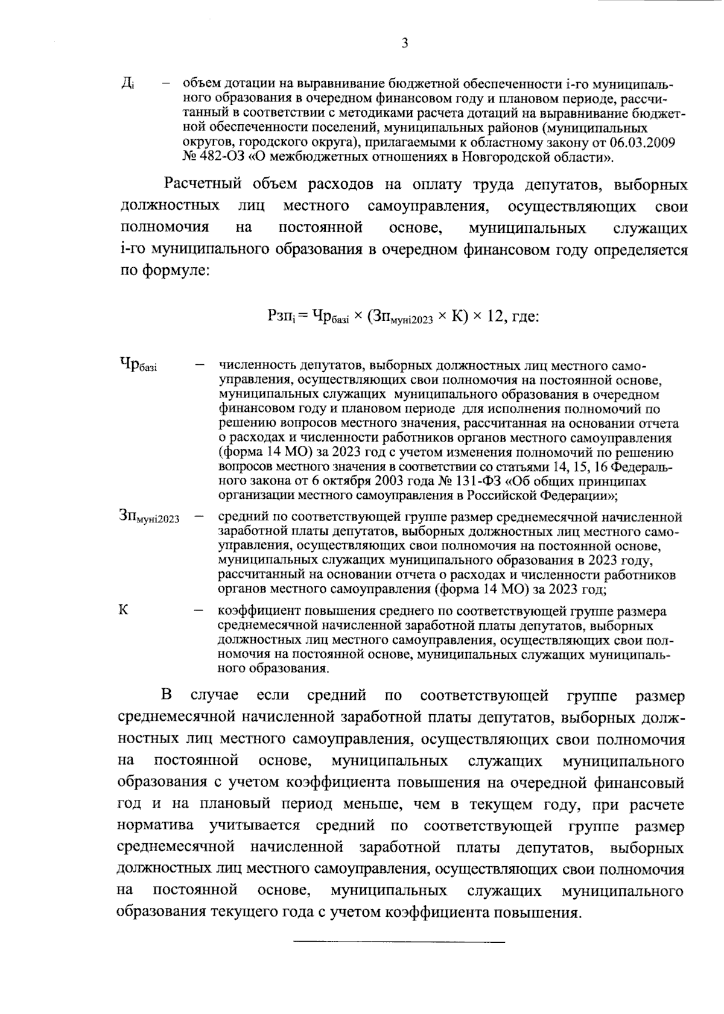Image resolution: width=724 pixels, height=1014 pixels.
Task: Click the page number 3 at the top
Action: coord(405,43)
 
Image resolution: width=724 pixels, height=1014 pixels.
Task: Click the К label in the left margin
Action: coord(124,609)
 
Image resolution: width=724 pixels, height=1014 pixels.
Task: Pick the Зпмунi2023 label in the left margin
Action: coord(149,517)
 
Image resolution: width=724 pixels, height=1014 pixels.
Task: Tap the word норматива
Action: coord(155,825)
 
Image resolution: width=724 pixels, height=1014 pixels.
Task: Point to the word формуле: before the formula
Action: coord(175,271)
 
